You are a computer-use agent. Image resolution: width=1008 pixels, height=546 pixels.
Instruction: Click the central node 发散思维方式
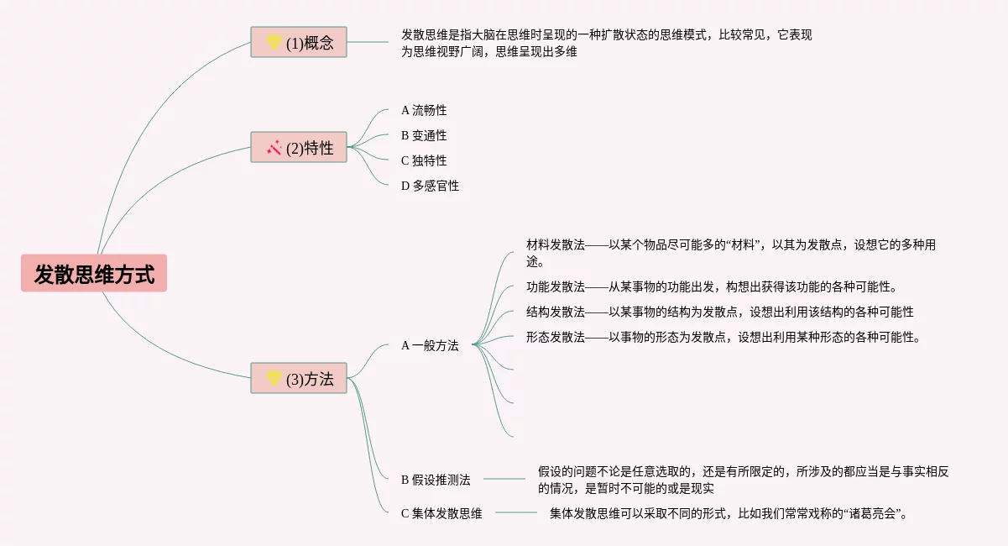tap(94, 274)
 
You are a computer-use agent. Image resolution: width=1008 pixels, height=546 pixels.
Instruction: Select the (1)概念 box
tap(299, 42)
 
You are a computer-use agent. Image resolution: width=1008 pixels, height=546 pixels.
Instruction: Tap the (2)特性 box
tap(299, 147)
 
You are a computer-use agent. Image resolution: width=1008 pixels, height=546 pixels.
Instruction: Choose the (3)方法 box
tap(299, 378)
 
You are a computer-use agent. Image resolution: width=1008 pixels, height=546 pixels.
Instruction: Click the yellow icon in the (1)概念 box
tap(274, 42)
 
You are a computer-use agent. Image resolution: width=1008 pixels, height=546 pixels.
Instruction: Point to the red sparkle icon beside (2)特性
tap(274, 148)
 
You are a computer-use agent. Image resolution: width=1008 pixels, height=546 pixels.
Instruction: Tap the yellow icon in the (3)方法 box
tap(274, 378)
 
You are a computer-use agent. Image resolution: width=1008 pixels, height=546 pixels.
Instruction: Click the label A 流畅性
tap(424, 110)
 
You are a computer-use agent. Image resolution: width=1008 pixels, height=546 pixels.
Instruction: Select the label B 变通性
tap(424, 135)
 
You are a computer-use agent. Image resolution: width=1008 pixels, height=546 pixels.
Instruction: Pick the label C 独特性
tap(424, 160)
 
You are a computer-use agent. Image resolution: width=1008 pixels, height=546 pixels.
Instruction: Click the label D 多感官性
tap(430, 186)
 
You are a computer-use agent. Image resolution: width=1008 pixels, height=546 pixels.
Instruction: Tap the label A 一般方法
tap(430, 345)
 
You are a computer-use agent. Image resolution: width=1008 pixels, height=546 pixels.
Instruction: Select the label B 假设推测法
tap(436, 480)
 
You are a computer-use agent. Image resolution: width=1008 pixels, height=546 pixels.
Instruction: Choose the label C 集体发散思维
tap(441, 513)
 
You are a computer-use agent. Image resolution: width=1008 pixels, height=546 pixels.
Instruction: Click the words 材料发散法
tap(556, 244)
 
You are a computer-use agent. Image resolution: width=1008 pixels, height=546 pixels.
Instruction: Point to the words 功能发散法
tap(556, 286)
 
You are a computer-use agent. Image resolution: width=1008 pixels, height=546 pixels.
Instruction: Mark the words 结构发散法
tap(556, 312)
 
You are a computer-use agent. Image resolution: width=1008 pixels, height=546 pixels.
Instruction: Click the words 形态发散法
tap(556, 338)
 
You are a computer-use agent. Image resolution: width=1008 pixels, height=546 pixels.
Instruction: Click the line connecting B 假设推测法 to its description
tap(504, 479)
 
